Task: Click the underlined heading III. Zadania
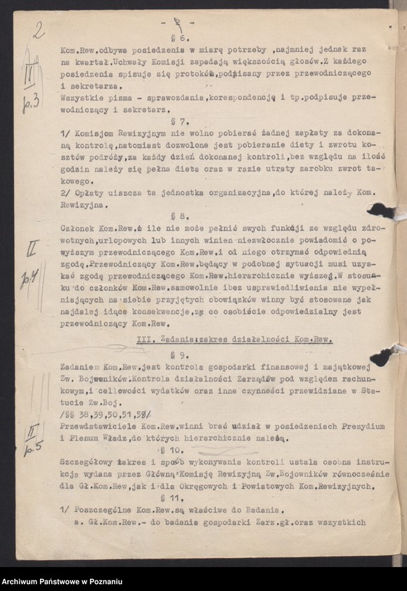tap(234, 339)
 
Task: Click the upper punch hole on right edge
tap(382, 210)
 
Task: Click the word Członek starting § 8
tap(77, 230)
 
